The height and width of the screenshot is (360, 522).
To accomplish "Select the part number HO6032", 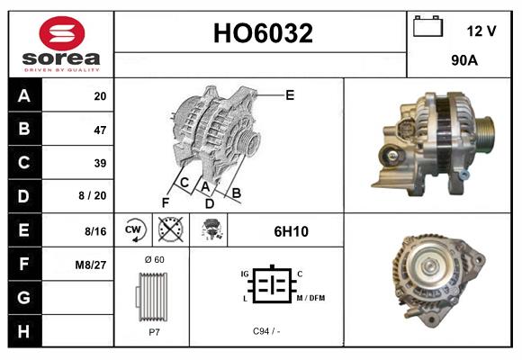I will pyautogui.click(x=262, y=33).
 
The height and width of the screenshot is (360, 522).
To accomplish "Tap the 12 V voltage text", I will pyautogui.click(x=481, y=31).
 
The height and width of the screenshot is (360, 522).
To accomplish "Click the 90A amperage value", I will pyautogui.click(x=463, y=62).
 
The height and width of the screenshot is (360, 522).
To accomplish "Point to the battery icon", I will pyautogui.click(x=427, y=28).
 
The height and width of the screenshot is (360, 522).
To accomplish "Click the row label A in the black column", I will pyautogui.click(x=23, y=96).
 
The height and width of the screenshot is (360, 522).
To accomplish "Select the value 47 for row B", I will pyautogui.click(x=99, y=130).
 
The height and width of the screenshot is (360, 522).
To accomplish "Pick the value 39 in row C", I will pyautogui.click(x=99, y=163).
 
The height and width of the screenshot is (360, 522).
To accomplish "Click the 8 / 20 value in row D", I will pyautogui.click(x=93, y=196).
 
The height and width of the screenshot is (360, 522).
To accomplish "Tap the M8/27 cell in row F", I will pyautogui.click(x=93, y=264).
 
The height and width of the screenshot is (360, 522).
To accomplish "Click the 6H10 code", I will pyautogui.click(x=291, y=231).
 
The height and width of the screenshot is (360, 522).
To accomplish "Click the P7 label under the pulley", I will pyautogui.click(x=154, y=331).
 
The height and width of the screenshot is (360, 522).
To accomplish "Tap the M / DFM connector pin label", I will pyautogui.click(x=310, y=298).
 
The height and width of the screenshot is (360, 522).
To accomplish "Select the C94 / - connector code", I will pyautogui.click(x=265, y=331).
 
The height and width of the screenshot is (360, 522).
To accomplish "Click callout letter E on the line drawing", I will pyautogui.click(x=290, y=94).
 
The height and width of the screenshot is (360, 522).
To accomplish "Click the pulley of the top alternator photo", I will pyautogui.click(x=483, y=132).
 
